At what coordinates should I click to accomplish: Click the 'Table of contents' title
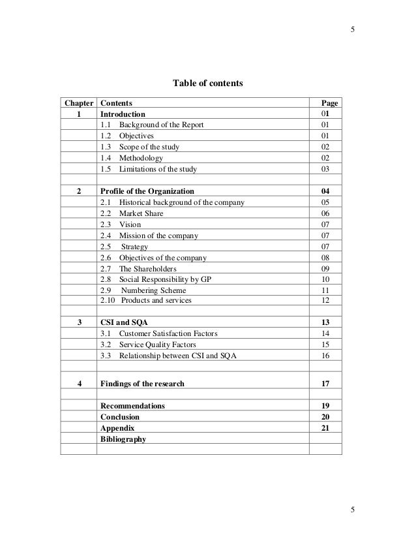pyautogui.click(x=207, y=84)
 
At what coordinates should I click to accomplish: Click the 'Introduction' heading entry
pyautogui.click(x=123, y=114)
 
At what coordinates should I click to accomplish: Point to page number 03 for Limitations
pyautogui.click(x=329, y=170)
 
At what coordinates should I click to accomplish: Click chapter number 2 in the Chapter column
pyautogui.click(x=79, y=192)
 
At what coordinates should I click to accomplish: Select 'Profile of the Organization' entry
pyautogui.click(x=147, y=192)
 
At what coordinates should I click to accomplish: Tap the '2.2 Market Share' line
pyautogui.click(x=132, y=213)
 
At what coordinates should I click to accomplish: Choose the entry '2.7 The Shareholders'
pyautogui.click(x=138, y=268)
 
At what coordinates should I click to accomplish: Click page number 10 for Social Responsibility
pyautogui.click(x=329, y=279)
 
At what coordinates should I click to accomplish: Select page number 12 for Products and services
pyautogui.click(x=329, y=300)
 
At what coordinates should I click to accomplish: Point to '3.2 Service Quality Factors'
pyautogui.click(x=148, y=345)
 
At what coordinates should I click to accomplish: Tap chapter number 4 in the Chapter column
pyautogui.click(x=79, y=384)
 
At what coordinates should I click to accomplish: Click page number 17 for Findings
pyautogui.click(x=329, y=384)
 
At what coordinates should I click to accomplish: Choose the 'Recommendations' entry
pyautogui.click(x=132, y=406)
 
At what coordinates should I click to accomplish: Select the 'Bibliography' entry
pyautogui.click(x=124, y=439)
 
